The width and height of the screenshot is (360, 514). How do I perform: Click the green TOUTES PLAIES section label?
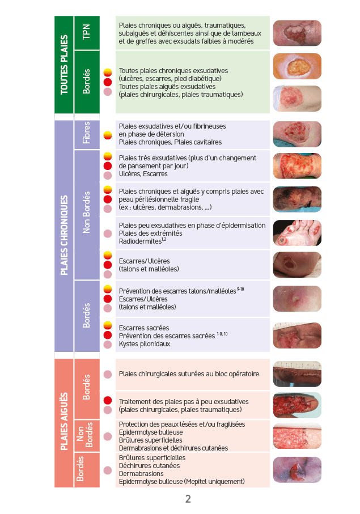pos(64,65)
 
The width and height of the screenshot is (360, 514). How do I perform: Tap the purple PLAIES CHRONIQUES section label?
pos(64,236)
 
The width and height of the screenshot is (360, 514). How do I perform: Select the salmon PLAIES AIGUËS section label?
pos(64,422)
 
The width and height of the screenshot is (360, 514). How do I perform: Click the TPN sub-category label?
pos(86,33)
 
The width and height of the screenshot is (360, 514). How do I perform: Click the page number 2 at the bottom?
pos(188,499)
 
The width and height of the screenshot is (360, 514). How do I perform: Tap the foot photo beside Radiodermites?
pos(297,232)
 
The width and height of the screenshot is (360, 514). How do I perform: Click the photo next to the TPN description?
pos(297,33)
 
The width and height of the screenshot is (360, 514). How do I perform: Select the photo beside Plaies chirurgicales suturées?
pos(297,374)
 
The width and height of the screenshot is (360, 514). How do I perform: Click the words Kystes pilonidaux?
pos(144,344)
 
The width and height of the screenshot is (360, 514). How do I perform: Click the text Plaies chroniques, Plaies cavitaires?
pos(170,142)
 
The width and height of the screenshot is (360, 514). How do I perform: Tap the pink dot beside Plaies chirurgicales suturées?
pos(108,374)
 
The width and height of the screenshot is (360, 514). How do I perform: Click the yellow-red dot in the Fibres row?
pos(108,134)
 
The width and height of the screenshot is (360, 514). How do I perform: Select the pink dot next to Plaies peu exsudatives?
pos(108,233)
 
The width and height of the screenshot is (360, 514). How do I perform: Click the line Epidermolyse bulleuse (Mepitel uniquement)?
pos(181,482)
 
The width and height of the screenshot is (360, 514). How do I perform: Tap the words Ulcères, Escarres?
pos(143,174)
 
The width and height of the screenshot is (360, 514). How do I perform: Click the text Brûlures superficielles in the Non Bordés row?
pos(150,440)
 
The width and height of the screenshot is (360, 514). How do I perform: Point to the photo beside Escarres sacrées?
pos(297,335)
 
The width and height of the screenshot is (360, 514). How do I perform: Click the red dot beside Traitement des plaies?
pos(108,401)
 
